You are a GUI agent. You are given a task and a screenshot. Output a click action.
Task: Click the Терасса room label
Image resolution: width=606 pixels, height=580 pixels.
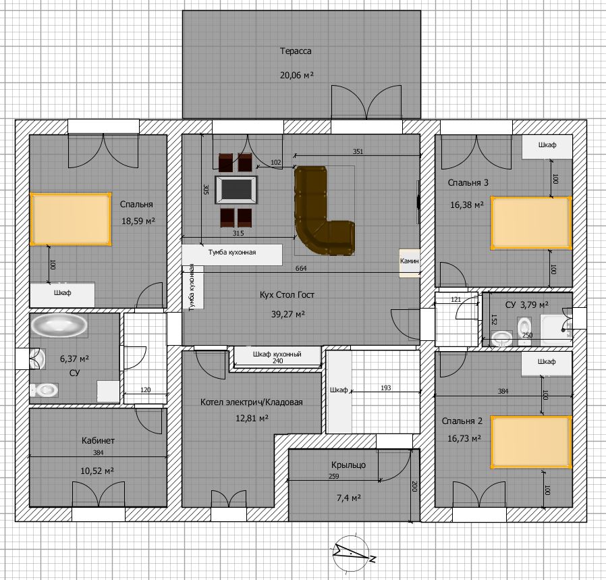296,51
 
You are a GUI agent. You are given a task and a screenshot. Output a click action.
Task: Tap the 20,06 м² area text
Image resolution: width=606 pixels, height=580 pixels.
296,75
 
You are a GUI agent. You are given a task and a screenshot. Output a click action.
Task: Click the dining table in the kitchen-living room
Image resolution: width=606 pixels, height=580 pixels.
236,190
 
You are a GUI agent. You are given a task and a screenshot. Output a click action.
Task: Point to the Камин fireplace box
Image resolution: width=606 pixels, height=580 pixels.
410,263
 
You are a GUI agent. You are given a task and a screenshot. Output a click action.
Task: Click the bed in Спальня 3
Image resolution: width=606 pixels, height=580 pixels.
531,223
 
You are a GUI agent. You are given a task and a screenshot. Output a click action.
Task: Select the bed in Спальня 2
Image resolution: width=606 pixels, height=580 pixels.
531,442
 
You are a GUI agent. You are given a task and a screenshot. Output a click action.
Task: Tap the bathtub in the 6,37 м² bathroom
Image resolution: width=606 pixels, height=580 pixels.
59,325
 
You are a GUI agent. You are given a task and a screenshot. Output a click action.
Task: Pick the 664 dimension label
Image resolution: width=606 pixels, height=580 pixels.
301,268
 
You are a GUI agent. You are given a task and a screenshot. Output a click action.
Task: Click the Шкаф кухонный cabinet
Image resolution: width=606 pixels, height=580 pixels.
277,356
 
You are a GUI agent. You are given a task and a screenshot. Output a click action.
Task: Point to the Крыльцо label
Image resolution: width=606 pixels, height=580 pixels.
348,465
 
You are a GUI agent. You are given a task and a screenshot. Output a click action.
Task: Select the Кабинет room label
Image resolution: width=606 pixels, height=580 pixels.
98,440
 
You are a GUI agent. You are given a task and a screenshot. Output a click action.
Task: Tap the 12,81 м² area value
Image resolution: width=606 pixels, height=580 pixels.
252,418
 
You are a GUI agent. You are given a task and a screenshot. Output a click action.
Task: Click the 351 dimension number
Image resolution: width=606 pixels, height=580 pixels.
358,151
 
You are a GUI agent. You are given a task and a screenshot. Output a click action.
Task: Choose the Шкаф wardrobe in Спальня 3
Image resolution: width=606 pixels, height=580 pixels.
547,147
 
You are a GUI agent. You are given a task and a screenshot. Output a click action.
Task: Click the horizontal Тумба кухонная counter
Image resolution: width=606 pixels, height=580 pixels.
232,255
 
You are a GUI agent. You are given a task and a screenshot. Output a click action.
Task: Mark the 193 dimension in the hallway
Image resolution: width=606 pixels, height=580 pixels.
386,388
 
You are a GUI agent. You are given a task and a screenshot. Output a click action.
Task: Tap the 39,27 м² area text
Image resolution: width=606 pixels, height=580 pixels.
288,314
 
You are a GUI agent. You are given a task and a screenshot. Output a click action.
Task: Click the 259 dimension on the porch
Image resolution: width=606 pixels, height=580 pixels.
334,477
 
